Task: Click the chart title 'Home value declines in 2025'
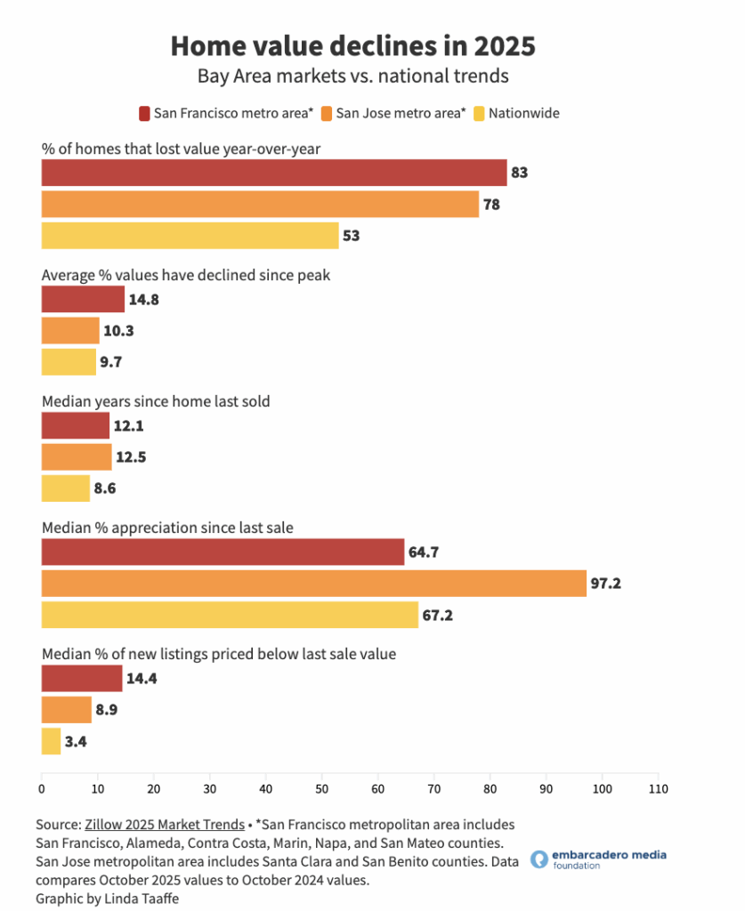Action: pyautogui.click(x=353, y=45)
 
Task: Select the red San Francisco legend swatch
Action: pyautogui.click(x=143, y=113)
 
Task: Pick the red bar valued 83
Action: pyautogui.click(x=273, y=173)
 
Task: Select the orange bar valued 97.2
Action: pyautogui.click(x=313, y=583)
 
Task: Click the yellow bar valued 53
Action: pyautogui.click(x=190, y=236)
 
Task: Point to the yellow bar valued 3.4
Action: pyautogui.click(x=51, y=741)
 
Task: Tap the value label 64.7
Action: pyautogui.click(x=425, y=552)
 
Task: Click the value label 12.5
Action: pyautogui.click(x=131, y=457)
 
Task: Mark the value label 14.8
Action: pyautogui.click(x=143, y=300)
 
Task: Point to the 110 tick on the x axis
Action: pyautogui.click(x=659, y=788)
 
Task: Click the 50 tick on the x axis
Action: pyautogui.click(x=322, y=788)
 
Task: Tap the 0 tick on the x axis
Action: pyautogui.click(x=42, y=788)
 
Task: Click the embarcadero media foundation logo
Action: pyautogui.click(x=597, y=859)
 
